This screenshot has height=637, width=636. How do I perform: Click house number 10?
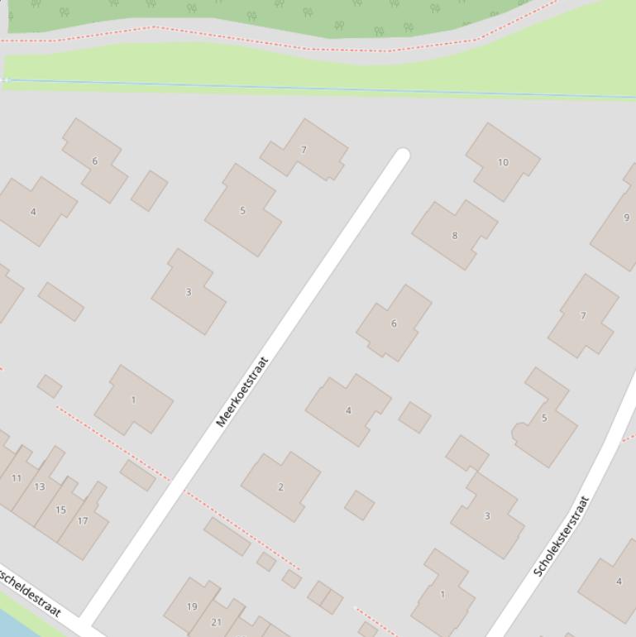click(503, 162)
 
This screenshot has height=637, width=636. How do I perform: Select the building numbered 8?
click(454, 236)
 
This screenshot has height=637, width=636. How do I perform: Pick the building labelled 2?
click(280, 486)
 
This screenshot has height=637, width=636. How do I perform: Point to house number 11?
click(17, 478)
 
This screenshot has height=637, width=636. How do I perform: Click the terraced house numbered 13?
click(40, 486)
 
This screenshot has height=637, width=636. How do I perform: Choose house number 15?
click(60, 510)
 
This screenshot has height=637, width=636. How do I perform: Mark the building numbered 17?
click(83, 521)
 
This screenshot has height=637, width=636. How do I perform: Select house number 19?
click(192, 606)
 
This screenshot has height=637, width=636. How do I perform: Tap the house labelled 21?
click(217, 622)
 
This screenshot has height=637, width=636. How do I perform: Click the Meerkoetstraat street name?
click(243, 391)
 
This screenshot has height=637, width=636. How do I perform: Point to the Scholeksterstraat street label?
click(562, 536)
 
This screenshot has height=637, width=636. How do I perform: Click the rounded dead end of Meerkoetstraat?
click(402, 156)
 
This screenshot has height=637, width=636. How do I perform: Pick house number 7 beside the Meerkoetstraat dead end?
click(304, 150)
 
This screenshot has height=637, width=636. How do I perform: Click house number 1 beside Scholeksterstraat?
click(442, 594)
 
